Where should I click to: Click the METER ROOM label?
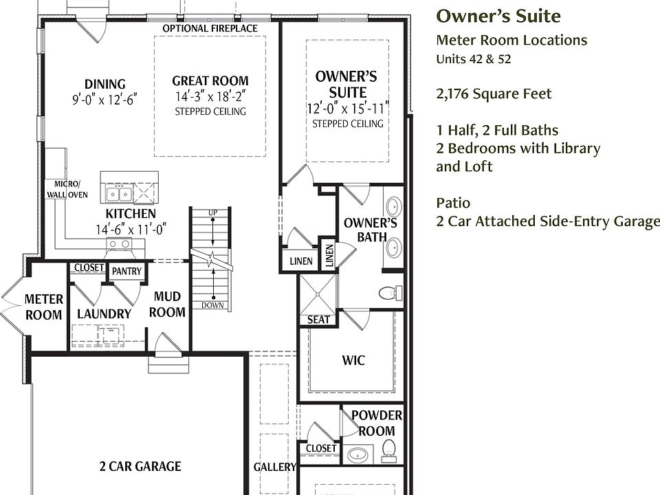[44, 307]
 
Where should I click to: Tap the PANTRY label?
[126, 271]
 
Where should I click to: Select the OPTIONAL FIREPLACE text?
[210, 28]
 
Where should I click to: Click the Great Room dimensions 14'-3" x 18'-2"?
[210, 96]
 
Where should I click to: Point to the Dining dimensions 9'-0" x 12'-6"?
[104, 100]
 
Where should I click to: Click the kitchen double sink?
[119, 194]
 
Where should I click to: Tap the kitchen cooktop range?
[119, 243]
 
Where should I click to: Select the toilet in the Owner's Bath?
[390, 293]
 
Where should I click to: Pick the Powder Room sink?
[358, 455]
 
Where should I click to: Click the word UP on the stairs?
[213, 212]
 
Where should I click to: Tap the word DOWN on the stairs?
[212, 305]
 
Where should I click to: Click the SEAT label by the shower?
[318, 320]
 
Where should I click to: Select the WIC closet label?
[353, 360]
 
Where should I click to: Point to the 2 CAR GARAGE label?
[140, 466]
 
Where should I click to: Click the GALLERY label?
[275, 467]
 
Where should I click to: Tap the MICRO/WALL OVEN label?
[67, 190]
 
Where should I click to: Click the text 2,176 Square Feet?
[494, 93]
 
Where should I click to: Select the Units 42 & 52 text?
[474, 59]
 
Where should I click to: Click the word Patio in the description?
[453, 203]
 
